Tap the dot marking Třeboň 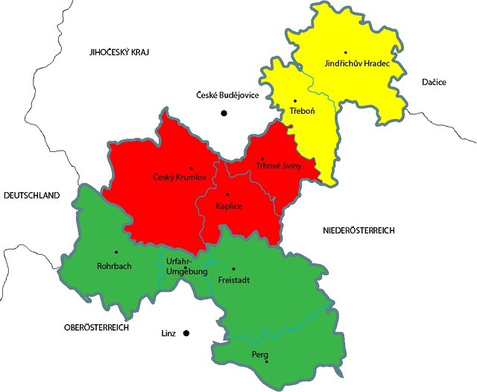point(296,101)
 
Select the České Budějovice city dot point(222,113)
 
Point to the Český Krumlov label point(179,177)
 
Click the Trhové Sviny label point(279,166)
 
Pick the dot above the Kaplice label point(228,194)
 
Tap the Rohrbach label point(115,265)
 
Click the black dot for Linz point(187,333)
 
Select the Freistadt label point(236,281)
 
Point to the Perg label point(259,354)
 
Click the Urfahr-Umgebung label point(180,267)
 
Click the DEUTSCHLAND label point(31,195)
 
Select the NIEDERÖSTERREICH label point(358,230)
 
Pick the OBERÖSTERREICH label point(97,327)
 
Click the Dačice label point(433,82)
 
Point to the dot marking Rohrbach point(116,252)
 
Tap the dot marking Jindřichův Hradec point(345,52)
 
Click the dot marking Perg point(267,362)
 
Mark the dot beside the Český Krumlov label point(192,168)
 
